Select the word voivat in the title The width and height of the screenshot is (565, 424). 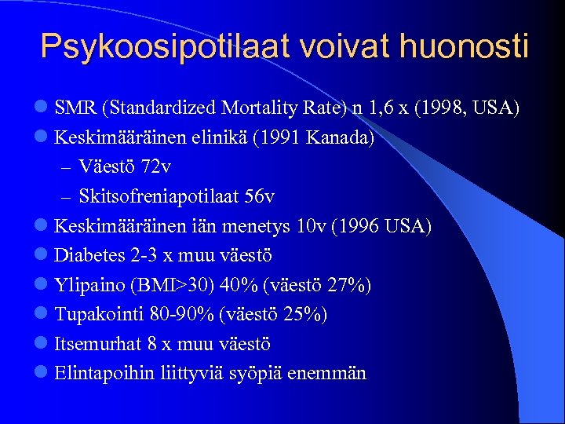(x=341, y=46)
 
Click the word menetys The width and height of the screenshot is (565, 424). (x=262, y=226)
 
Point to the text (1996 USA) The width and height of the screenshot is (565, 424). (x=381, y=226)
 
